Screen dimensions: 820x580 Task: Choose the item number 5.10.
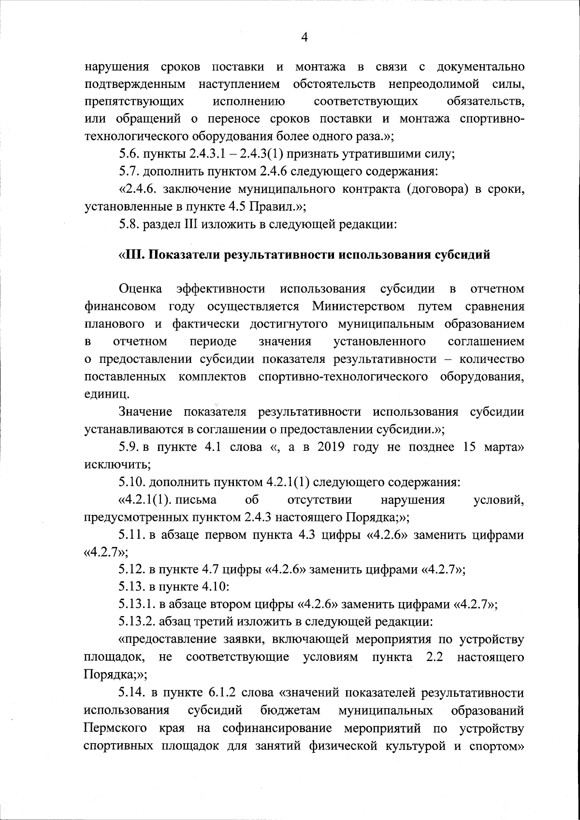(x=132, y=482)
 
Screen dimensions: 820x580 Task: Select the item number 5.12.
(x=132, y=570)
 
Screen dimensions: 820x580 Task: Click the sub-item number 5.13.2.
(x=137, y=622)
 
